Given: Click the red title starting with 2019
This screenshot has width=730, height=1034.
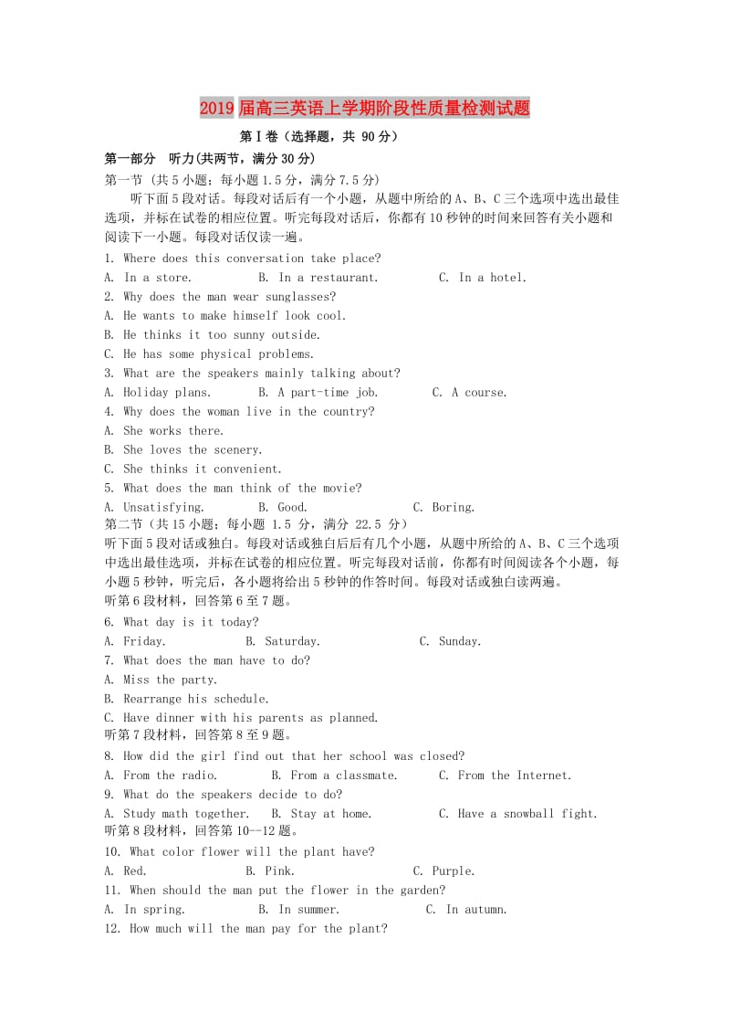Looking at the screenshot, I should (364, 109).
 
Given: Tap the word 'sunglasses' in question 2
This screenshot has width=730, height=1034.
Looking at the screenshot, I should (299, 297).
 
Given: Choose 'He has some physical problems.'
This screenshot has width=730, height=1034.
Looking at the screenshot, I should (219, 354).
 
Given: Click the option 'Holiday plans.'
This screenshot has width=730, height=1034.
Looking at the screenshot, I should (167, 393).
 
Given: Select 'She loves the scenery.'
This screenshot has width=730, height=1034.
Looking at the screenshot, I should (193, 450).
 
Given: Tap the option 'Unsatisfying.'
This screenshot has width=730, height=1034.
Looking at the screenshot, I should (164, 508).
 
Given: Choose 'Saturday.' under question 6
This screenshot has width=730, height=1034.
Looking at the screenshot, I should (292, 642).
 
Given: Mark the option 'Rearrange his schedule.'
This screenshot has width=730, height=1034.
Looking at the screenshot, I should (196, 700).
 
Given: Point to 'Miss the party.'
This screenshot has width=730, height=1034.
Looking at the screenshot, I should (171, 681).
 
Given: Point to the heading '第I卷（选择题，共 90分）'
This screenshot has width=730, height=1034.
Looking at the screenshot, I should (318, 137).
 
